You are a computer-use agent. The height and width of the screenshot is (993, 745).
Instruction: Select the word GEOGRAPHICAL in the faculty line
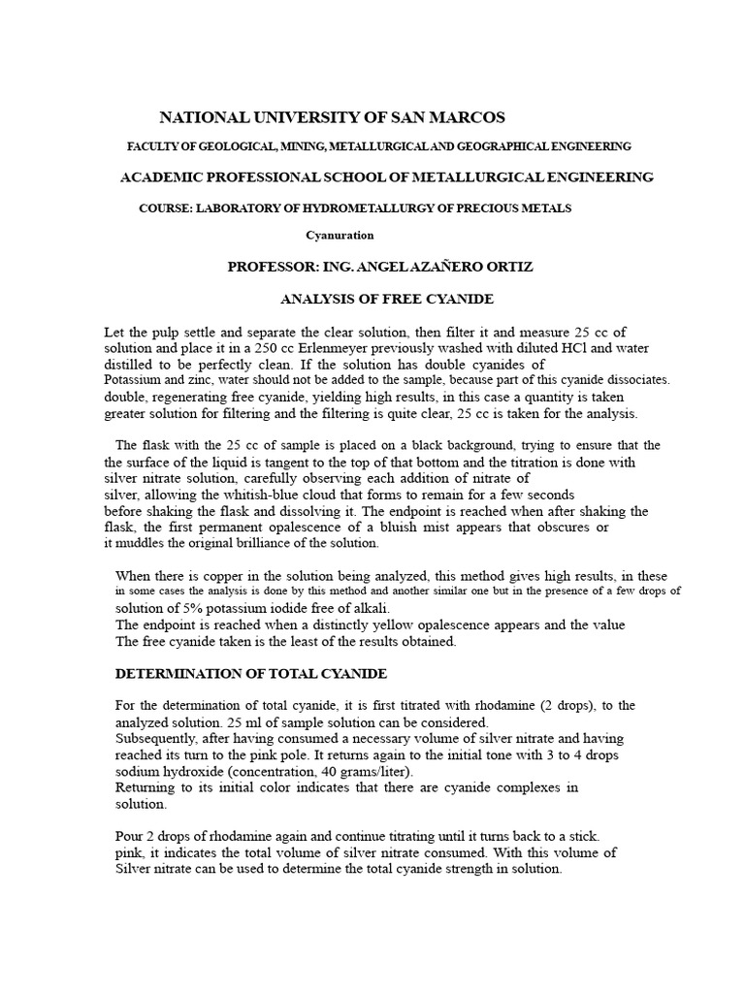tap(522, 146)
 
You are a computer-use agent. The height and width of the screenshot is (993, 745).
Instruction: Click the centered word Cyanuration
tap(340, 235)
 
